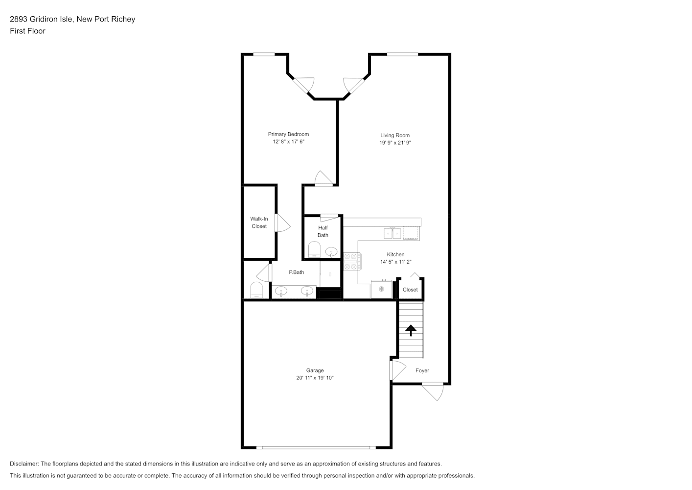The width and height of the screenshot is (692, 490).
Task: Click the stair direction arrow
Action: [411, 330]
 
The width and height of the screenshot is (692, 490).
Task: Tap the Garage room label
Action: [315, 370]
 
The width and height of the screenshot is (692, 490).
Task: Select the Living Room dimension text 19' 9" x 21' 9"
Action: [395, 143]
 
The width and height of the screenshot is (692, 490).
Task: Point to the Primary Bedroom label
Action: [288, 134]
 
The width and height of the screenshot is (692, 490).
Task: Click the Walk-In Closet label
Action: [259, 222]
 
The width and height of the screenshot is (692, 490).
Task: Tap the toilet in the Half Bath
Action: [314, 249]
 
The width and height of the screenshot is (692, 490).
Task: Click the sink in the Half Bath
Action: [331, 252]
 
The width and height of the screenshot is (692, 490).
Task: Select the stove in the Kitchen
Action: [352, 261]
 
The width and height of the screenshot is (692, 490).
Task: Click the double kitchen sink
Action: [392, 233]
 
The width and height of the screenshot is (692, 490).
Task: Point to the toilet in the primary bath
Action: [256, 290]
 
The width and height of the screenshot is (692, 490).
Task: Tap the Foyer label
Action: [422, 370]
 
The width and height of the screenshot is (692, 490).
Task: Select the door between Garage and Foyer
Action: [397, 370]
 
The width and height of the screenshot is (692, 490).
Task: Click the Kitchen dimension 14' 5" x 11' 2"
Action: [396, 262]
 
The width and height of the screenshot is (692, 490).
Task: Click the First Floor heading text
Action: [27, 31]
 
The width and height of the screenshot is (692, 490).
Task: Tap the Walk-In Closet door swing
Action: [282, 222]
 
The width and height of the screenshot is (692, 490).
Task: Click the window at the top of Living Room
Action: [403, 54]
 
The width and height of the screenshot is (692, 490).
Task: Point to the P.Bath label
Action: [296, 272]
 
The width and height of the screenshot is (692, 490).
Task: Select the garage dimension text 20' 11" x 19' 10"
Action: [315, 378]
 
